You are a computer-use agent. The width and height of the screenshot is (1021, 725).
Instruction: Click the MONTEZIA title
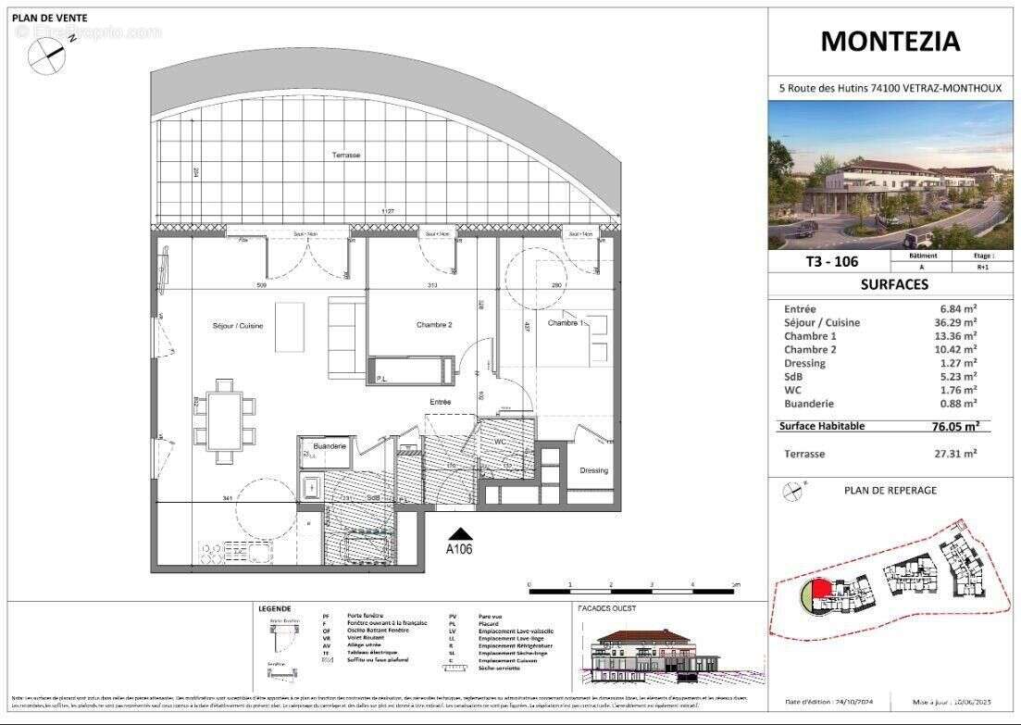click(890, 42)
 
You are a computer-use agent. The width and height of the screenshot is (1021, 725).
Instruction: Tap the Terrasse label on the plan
click(346, 156)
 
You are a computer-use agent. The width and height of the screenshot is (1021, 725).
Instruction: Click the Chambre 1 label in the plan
click(567, 323)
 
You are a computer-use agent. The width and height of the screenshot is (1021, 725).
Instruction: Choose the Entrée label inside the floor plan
click(440, 402)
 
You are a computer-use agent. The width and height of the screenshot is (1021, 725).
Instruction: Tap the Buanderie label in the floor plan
click(330, 446)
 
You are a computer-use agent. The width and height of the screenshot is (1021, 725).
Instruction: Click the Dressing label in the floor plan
click(593, 470)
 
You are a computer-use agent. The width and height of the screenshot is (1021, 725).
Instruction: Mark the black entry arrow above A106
click(460, 533)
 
